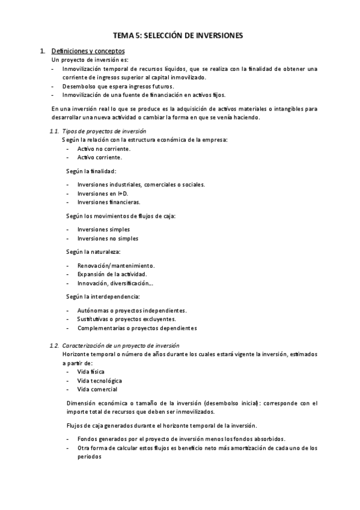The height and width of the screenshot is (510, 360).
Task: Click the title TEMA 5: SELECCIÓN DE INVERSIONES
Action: coord(178,36)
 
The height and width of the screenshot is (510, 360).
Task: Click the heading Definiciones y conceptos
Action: coord(88,51)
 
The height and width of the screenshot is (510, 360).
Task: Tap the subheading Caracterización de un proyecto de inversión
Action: coord(121,345)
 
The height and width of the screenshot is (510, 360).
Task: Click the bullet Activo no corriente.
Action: coord(104,148)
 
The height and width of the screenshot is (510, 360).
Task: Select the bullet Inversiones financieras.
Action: coord(109,202)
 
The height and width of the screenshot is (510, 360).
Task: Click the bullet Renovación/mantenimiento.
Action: coord(116,265)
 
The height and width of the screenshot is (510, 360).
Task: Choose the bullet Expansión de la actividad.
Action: coord(112,274)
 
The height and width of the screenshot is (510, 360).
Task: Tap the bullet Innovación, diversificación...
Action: coord(115,283)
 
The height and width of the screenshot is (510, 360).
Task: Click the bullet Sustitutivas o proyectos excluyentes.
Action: coord(126,319)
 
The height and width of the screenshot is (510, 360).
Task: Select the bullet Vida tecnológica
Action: coord(100,381)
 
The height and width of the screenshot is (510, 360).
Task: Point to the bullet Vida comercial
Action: coord(97,390)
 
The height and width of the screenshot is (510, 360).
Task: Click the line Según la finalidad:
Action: coord(91,171)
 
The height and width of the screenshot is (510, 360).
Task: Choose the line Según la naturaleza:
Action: coord(93,251)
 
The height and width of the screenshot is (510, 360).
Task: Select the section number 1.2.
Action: coord(53,345)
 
